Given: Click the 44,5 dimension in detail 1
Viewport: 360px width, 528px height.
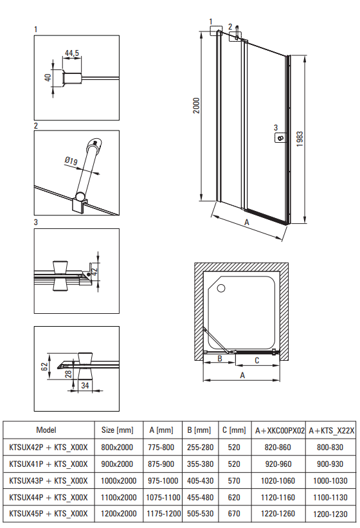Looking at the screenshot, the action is (x=72, y=53).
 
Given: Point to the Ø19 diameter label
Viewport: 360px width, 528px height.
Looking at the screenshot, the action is (x=71, y=161).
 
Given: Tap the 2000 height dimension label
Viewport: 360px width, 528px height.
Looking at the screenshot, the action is (x=196, y=105).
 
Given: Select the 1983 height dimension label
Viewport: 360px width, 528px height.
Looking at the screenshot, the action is (x=300, y=139).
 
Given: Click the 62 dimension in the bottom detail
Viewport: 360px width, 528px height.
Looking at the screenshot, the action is (x=44, y=367).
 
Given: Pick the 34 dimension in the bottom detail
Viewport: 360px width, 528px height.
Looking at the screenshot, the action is (x=85, y=385).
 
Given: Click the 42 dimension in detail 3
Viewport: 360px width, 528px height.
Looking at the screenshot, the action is (x=94, y=271).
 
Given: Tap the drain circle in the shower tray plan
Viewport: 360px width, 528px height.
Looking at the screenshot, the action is (x=221, y=288).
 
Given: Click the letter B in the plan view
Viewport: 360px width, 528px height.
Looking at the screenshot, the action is (x=220, y=359).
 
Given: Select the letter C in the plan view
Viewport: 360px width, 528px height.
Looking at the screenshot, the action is (x=256, y=361).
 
